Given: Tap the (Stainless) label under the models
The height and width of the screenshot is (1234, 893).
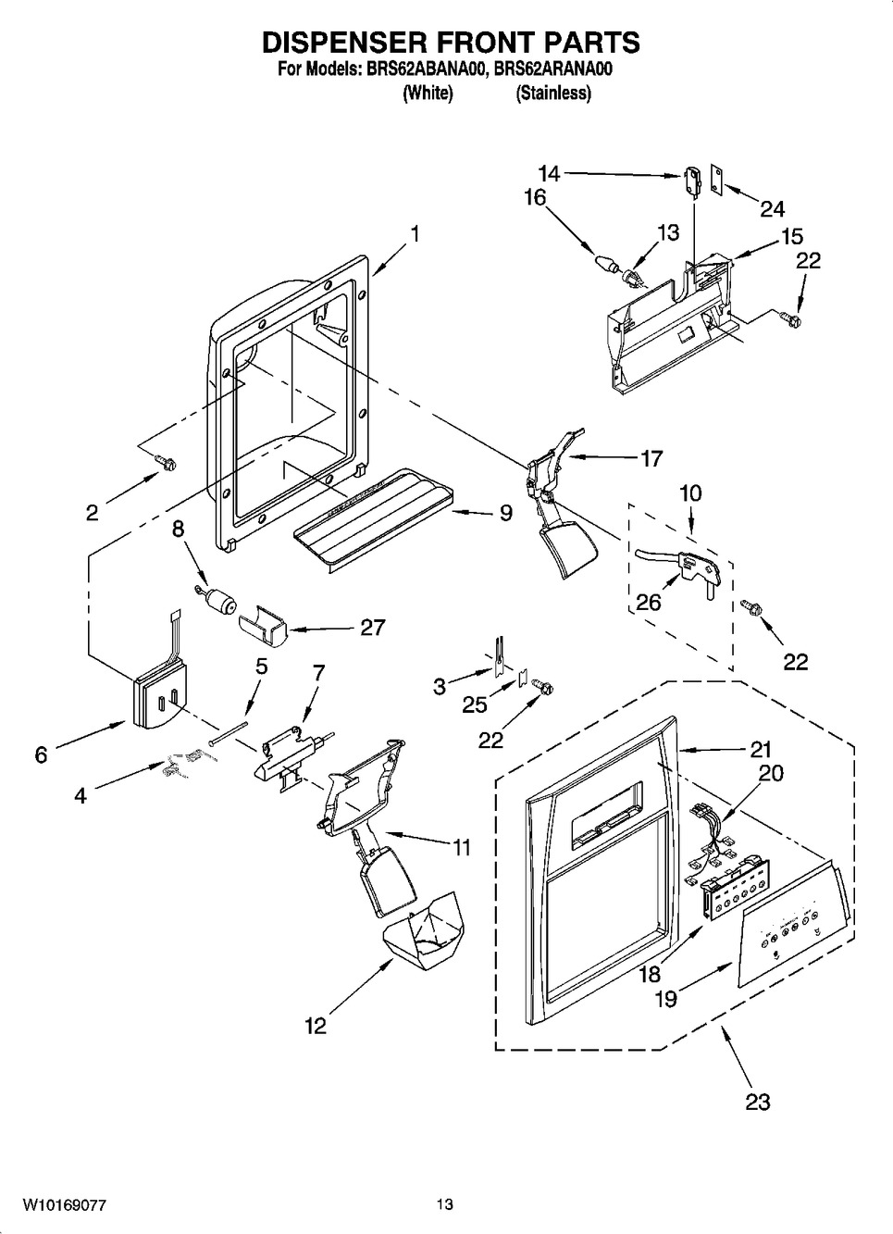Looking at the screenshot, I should click(x=552, y=93).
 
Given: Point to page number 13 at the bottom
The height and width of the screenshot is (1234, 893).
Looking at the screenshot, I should click(x=445, y=1205).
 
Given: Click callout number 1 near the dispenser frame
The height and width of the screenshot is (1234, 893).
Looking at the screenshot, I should click(x=415, y=234).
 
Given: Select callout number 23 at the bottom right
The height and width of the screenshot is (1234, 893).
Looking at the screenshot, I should click(x=757, y=1102).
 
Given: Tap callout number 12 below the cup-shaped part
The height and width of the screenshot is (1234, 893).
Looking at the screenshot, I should click(x=316, y=1026).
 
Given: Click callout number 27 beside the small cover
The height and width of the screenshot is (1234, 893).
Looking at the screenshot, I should click(x=372, y=628).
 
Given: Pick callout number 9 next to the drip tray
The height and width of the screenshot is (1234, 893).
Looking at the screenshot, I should click(x=505, y=512).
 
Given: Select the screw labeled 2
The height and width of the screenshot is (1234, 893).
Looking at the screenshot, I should click(x=167, y=459).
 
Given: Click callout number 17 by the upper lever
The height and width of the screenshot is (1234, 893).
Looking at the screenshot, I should click(x=651, y=457).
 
